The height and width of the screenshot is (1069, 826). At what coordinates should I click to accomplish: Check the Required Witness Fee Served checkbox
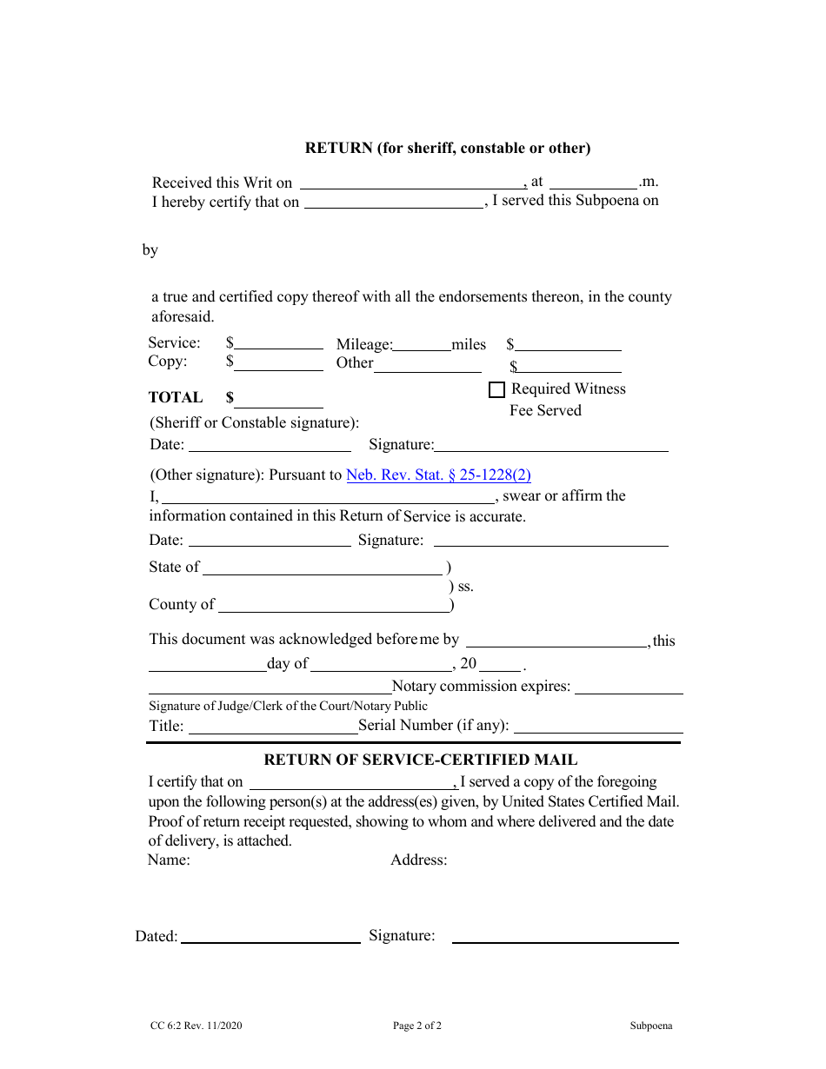[496, 390]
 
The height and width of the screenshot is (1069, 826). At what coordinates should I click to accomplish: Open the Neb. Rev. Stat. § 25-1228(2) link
[438, 475]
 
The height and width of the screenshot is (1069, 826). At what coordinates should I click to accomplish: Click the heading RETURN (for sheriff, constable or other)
[447, 148]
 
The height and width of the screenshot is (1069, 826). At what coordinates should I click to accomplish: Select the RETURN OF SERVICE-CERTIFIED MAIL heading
[420, 760]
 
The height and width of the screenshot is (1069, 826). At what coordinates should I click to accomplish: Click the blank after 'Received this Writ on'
[412, 183]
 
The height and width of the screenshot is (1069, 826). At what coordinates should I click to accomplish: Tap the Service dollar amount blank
[279, 343]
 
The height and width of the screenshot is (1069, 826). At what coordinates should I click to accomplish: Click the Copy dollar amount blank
[279, 364]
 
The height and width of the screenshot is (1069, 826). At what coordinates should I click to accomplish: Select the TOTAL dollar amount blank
[279, 401]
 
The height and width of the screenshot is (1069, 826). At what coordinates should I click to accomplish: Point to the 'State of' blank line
[323, 568]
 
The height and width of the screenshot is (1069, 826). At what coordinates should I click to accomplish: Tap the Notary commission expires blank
[629, 687]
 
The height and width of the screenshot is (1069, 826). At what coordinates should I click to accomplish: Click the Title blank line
[272, 727]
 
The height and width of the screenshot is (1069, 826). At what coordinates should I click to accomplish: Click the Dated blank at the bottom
[270, 937]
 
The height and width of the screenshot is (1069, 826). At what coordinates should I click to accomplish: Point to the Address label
[419, 860]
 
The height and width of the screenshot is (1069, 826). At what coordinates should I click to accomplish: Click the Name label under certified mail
[169, 860]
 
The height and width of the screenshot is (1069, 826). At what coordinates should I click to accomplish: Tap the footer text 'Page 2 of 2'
[417, 1026]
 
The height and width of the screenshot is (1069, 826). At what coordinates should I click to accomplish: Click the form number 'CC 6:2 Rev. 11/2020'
[196, 1026]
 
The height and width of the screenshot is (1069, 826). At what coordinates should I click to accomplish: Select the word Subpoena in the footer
[651, 1026]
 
